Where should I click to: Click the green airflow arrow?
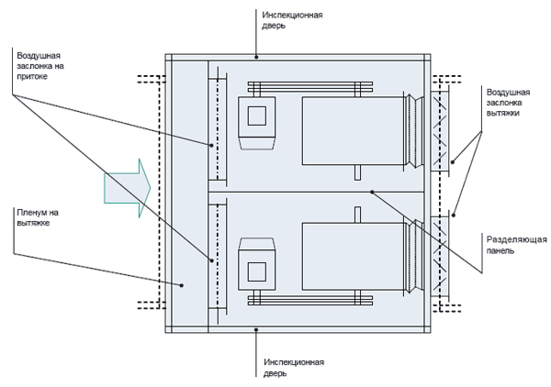pyautogui.click(x=128, y=188)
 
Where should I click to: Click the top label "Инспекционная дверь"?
pyautogui.click(x=292, y=20)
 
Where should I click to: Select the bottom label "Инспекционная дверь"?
pyautogui.click(x=294, y=368)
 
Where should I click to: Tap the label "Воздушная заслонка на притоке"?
pyautogui.click(x=40, y=66)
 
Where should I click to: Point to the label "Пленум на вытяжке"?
pyautogui.click(x=38, y=217)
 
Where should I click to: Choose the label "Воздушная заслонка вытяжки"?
pyautogui.click(x=508, y=103)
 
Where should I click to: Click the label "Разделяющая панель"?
pyautogui.click(x=516, y=245)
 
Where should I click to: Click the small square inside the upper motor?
pyautogui.click(x=256, y=116)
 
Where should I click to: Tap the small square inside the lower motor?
pyautogui.click(x=256, y=271)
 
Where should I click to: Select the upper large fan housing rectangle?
pyautogui.click(x=353, y=131)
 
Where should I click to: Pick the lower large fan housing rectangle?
pyautogui.click(x=353, y=256)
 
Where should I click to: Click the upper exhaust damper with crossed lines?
pyautogui.click(x=440, y=131)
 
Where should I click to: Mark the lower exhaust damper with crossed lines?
pyautogui.click(x=440, y=257)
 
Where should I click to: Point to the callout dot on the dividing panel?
pyautogui.click(x=372, y=192)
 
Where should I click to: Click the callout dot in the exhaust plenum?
pyautogui.click(x=182, y=285)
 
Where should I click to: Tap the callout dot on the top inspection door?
pyautogui.click(x=256, y=57)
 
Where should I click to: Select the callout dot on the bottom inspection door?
pyautogui.click(x=256, y=330)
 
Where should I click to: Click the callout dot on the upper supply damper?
pyautogui.click(x=211, y=145)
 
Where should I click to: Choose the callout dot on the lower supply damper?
pyautogui.click(x=211, y=260)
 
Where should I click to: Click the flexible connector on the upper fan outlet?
pyautogui.click(x=413, y=131)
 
